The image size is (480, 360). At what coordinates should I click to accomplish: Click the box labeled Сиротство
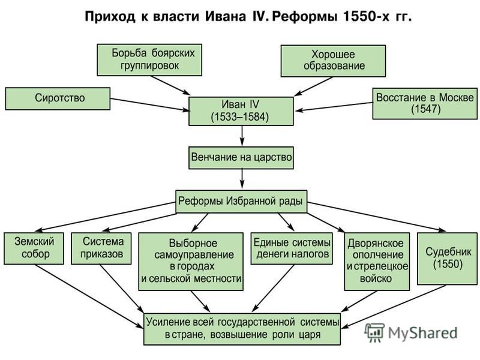(x=58, y=98)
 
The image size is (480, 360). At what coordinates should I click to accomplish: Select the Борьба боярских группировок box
(x=149, y=60)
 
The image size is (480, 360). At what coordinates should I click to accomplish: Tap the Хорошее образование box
(x=333, y=61)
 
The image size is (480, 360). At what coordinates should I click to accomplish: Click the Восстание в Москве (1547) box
(x=425, y=103)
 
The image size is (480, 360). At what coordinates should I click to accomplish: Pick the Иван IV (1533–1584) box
(x=241, y=112)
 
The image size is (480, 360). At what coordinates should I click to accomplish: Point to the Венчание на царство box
(x=241, y=158)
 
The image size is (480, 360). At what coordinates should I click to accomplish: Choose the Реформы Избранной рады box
(x=241, y=202)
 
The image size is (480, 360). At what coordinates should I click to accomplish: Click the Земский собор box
(x=34, y=248)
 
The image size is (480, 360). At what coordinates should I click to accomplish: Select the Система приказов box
(x=101, y=248)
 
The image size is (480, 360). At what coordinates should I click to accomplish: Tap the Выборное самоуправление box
(x=191, y=262)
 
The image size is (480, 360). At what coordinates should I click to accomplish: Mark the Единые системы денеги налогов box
(x=292, y=248)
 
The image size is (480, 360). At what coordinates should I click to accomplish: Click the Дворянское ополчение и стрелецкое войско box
(x=377, y=262)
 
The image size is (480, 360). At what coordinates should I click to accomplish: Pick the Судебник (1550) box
(x=447, y=259)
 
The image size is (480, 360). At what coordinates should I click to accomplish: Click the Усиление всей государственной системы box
(x=242, y=329)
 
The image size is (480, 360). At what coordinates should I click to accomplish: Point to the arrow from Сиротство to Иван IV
(x=150, y=104)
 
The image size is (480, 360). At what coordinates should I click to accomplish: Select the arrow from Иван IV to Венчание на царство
(x=242, y=136)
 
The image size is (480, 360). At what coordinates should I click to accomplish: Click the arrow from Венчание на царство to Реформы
(x=242, y=179)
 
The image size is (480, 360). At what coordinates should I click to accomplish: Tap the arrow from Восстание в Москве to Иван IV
(x=334, y=107)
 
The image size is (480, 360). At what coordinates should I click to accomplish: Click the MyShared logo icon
(x=374, y=333)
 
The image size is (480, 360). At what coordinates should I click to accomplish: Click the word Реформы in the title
(x=305, y=17)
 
